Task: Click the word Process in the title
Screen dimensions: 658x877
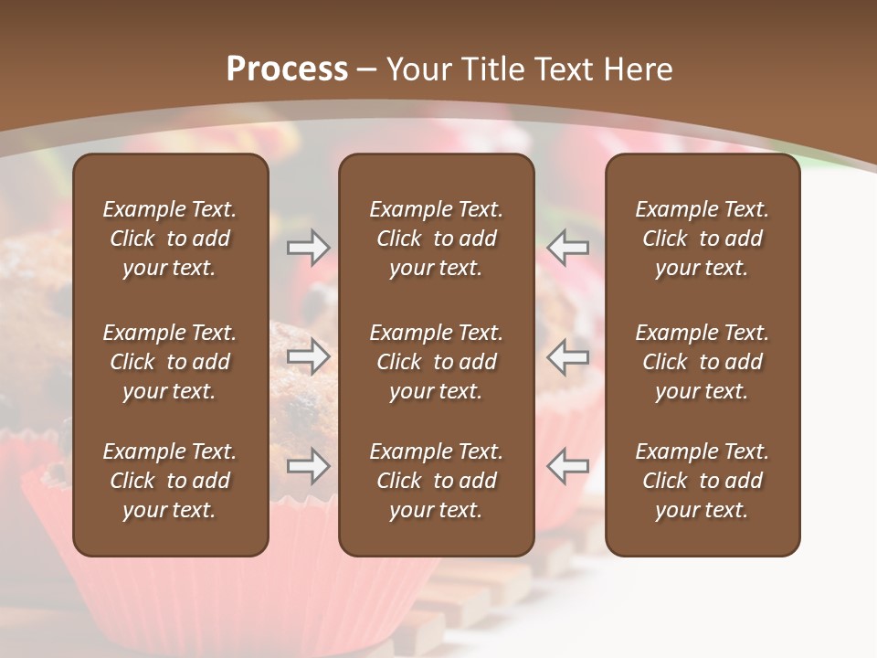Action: click(x=287, y=69)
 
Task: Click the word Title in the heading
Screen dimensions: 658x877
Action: click(x=499, y=69)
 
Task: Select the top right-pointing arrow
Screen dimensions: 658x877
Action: click(x=308, y=247)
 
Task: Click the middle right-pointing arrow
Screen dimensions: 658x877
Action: click(x=308, y=357)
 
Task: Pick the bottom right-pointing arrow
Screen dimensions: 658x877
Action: click(x=308, y=467)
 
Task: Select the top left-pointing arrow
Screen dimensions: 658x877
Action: click(x=568, y=247)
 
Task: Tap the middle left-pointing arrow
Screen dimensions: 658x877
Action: click(x=568, y=357)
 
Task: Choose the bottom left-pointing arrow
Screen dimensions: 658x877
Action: click(x=568, y=467)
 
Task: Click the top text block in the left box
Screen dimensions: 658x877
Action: click(x=170, y=239)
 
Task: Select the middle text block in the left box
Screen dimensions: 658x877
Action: click(x=170, y=362)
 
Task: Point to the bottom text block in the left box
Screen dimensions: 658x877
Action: click(x=170, y=481)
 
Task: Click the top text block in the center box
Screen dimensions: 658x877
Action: click(x=436, y=239)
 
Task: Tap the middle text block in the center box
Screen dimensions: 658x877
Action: click(x=436, y=362)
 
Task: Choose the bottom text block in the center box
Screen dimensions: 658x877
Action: click(x=436, y=481)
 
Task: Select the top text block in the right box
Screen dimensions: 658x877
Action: click(x=702, y=239)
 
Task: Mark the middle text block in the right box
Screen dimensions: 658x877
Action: click(x=702, y=362)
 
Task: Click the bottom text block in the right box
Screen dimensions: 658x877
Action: click(x=702, y=481)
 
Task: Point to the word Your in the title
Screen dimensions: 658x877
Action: click(x=421, y=69)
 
